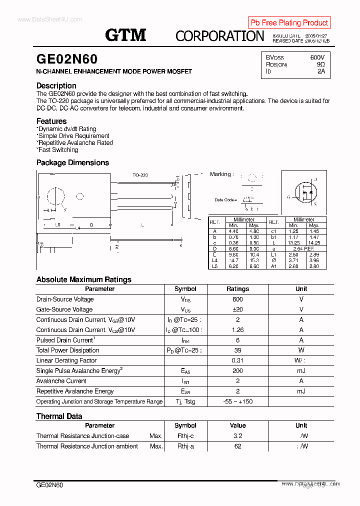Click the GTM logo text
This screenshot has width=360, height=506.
125,35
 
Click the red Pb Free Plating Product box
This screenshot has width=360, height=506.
289,22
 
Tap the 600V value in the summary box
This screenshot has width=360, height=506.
317,57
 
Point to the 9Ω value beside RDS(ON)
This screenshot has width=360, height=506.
320,64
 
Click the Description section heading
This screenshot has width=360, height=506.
56,85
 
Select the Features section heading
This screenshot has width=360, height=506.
51,121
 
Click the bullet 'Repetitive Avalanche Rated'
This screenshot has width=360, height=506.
75,142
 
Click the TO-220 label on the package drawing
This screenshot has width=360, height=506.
140,175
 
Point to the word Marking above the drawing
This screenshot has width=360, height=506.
220,174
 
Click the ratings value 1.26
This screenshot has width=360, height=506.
237,330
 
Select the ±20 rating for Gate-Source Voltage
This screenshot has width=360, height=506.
237,309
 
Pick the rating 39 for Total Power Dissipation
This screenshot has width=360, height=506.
237,350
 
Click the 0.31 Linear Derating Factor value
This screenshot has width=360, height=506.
237,360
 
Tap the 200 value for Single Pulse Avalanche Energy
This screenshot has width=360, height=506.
237,371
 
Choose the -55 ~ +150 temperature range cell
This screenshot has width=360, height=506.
237,401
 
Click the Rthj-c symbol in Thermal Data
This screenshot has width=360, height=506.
185,436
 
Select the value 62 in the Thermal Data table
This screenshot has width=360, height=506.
237,446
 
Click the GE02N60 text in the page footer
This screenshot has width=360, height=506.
49,485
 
